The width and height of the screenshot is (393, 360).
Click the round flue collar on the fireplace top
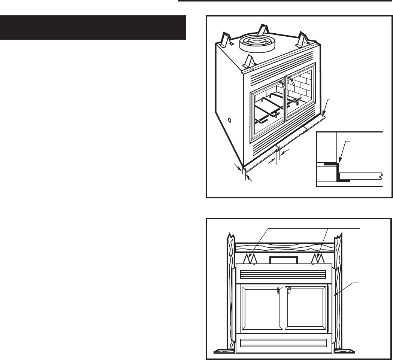[x=257, y=44]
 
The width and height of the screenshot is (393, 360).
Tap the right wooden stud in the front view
[x=339, y=292]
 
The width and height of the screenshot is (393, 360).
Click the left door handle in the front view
[x=278, y=291]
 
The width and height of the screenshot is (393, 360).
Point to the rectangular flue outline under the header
[x=284, y=260]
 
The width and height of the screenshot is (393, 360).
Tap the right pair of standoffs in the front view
[x=317, y=259]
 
